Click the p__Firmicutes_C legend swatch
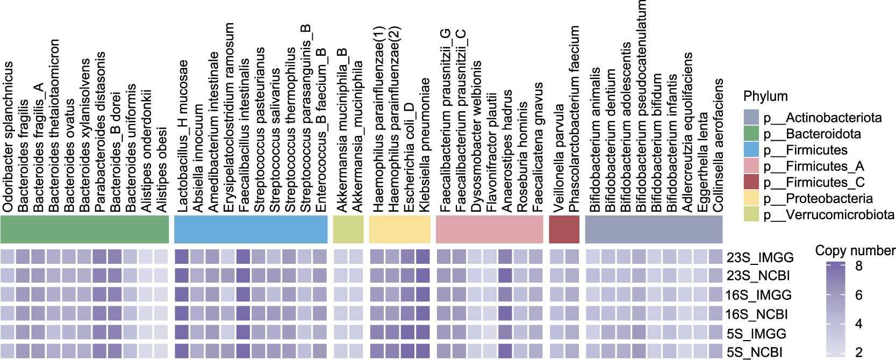751,183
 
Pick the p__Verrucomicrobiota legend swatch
751,215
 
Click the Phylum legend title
765,97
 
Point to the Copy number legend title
855,250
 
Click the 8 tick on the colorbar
859,265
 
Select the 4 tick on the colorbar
859,324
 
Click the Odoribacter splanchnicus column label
8,137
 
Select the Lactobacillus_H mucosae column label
183,137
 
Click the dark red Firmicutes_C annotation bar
564,229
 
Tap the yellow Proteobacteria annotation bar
400,229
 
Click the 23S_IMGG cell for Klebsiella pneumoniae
424,257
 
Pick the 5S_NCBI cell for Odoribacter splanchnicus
8,351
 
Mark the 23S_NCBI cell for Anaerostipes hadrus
505,276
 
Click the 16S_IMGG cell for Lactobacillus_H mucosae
182,294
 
